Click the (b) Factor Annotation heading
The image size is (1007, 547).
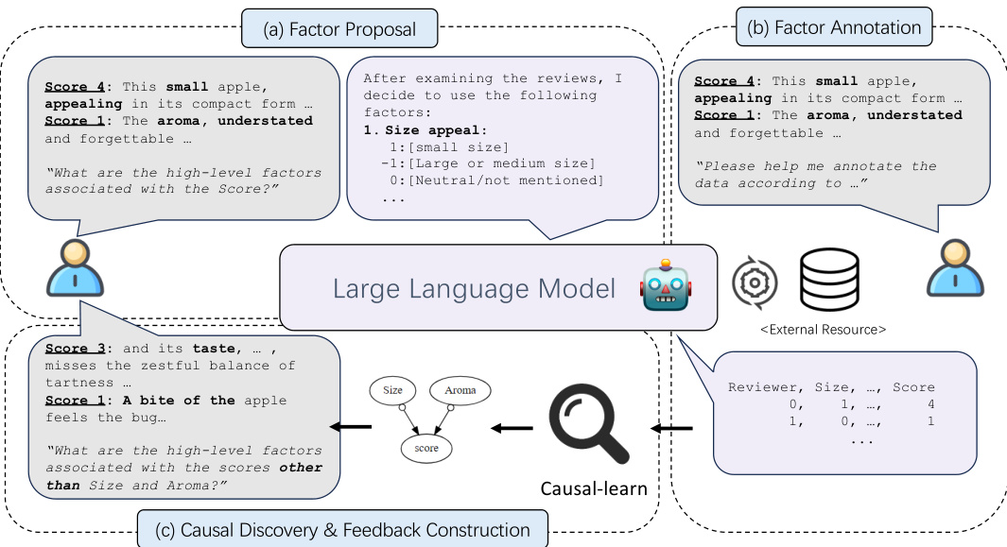834,27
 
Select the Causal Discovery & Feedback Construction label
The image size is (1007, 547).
342,529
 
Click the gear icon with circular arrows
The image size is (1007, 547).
755,282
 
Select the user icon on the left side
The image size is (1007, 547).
74,269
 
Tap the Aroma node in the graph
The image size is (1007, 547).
460,389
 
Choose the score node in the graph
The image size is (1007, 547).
426,448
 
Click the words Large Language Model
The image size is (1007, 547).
474,288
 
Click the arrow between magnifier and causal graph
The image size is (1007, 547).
512,428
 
